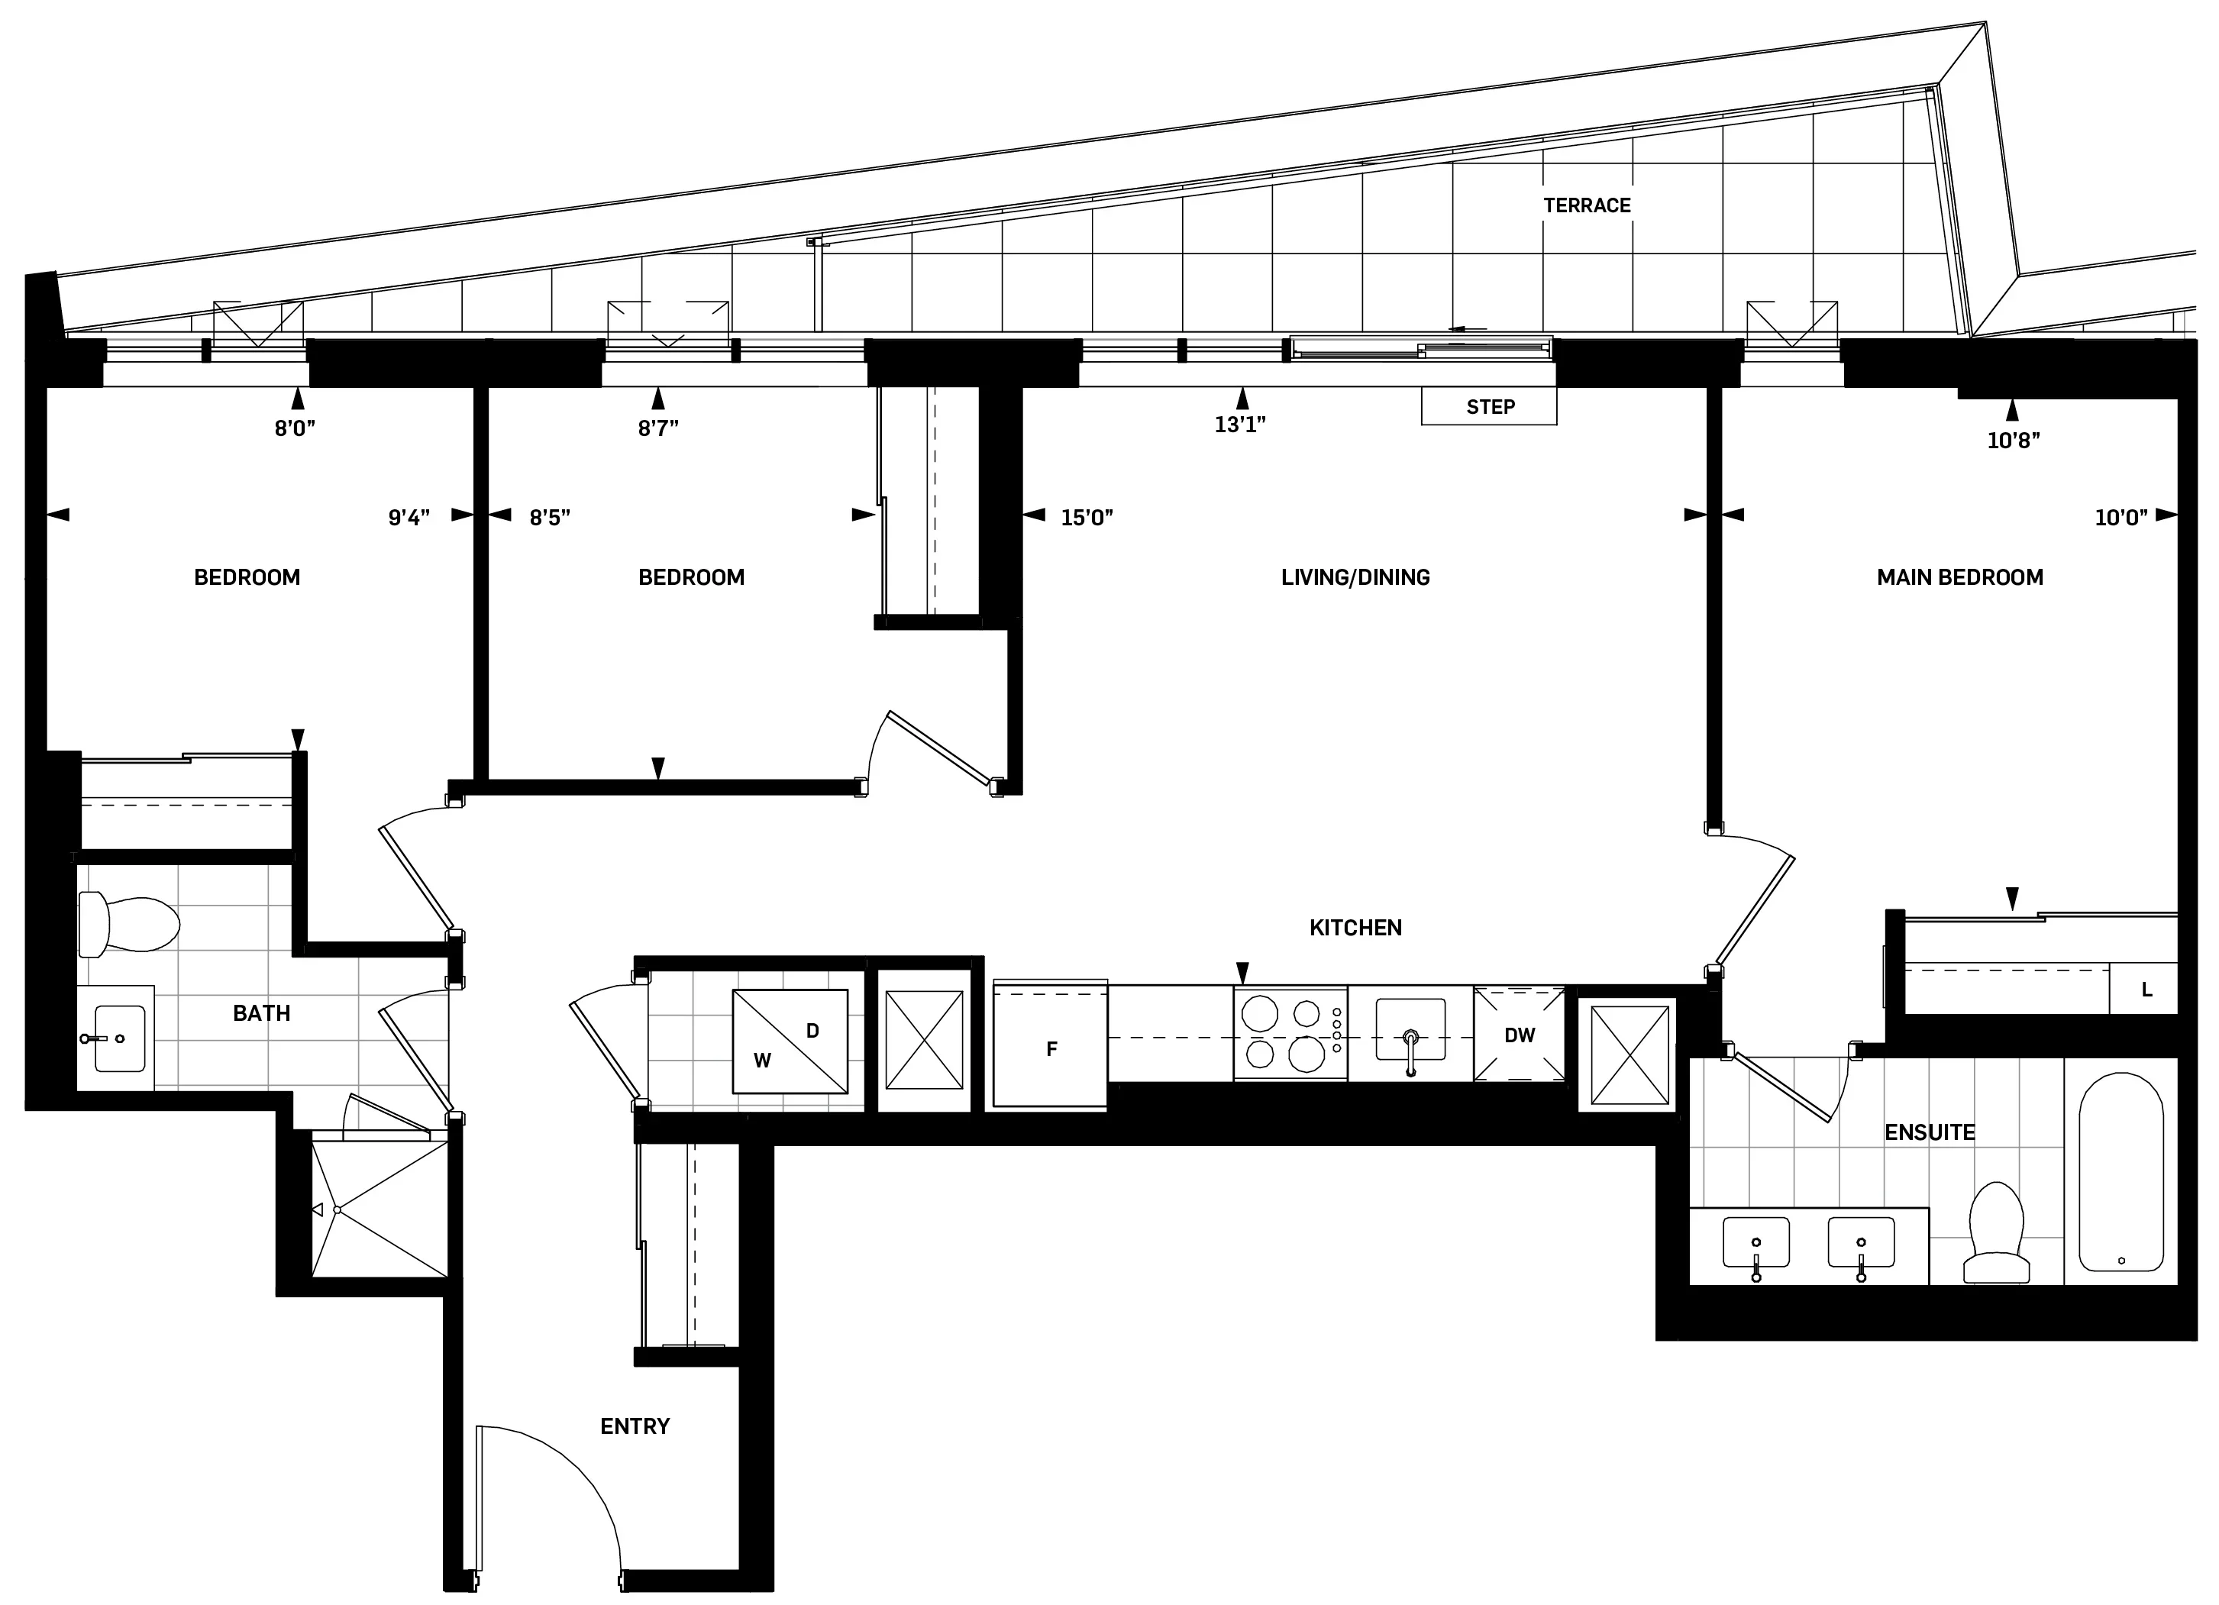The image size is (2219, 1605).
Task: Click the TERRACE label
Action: (x=1586, y=205)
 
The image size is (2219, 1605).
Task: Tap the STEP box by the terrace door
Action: (x=1488, y=407)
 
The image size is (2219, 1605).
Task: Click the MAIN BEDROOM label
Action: (x=1959, y=577)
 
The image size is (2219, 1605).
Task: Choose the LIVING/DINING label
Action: (x=1355, y=577)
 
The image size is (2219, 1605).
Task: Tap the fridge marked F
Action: (x=1050, y=1047)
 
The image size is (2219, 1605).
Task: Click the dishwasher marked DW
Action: (x=1519, y=1035)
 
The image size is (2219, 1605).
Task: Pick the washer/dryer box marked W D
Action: (x=790, y=1041)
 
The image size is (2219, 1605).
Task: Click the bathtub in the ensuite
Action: (x=2120, y=1173)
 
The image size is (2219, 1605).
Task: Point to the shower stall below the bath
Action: (x=379, y=1209)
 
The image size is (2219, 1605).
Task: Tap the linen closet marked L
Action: (x=2146, y=990)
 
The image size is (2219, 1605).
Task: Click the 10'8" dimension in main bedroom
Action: (x=2013, y=440)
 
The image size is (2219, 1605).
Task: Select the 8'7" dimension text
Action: (x=657, y=428)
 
